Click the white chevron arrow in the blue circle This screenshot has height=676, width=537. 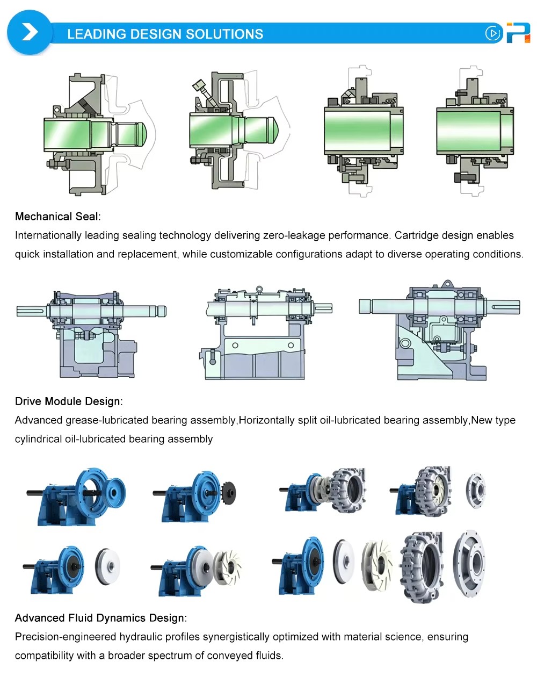30,32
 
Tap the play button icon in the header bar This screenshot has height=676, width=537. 492,33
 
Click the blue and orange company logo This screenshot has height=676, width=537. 518,32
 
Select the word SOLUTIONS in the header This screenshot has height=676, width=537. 224,34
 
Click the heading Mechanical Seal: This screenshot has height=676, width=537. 58,217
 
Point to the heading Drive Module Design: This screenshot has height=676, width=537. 69,401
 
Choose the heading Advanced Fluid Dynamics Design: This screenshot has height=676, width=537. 101,617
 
